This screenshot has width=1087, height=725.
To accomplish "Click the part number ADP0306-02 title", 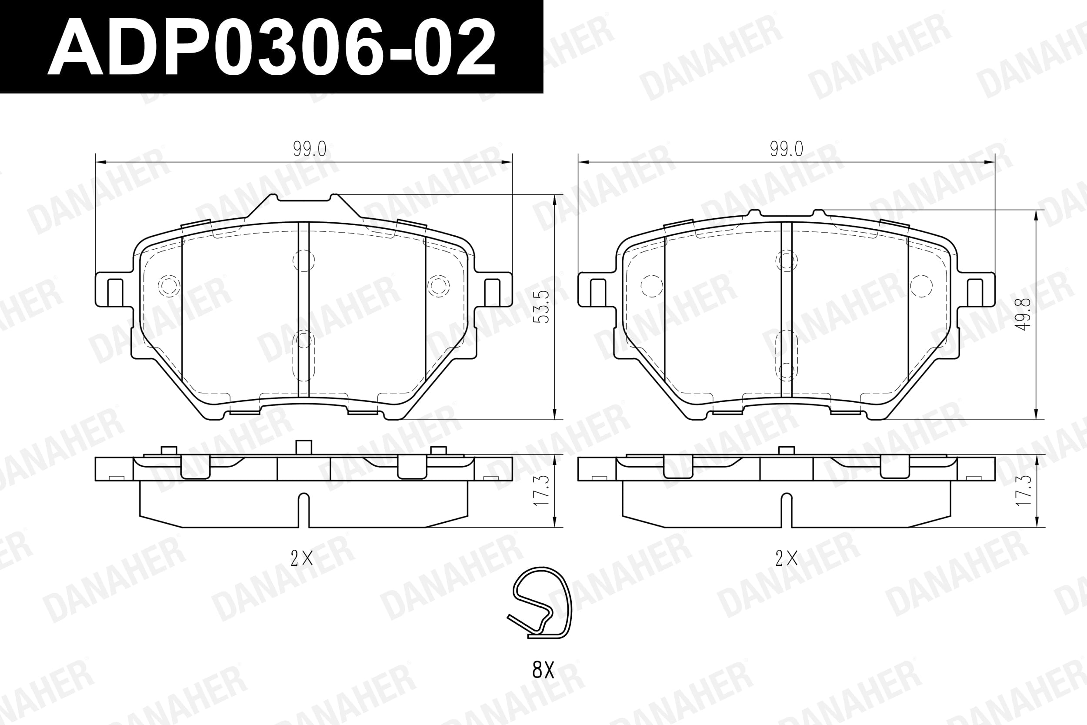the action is click(271, 47).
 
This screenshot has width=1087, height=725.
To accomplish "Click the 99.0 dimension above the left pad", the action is click(310, 149).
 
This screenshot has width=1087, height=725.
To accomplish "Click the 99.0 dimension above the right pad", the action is click(786, 149).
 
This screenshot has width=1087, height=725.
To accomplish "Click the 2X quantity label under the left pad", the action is click(302, 559).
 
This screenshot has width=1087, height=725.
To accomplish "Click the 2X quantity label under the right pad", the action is click(786, 559).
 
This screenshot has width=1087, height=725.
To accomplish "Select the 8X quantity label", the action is click(543, 669).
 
